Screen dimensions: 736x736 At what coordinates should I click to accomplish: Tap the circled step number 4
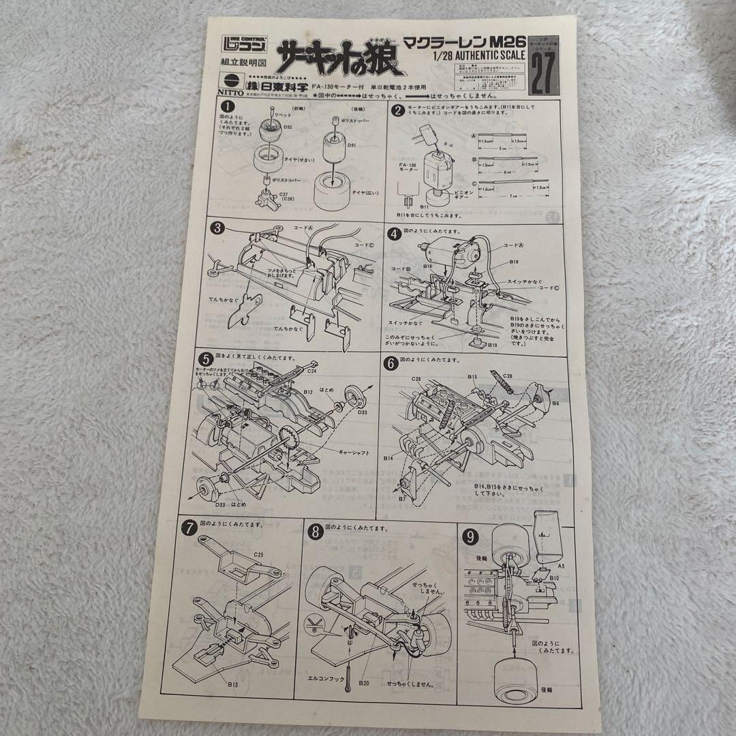click(395, 232)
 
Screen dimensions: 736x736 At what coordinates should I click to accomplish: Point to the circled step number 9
click(470, 536)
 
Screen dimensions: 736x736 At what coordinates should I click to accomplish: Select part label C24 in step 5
click(311, 372)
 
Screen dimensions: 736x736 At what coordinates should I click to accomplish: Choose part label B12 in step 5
click(307, 392)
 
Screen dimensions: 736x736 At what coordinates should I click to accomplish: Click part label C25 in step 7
click(258, 554)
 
